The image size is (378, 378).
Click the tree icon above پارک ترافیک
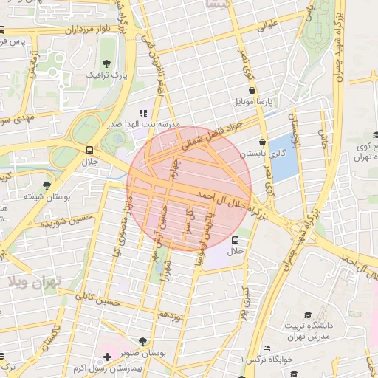pyautogui.click(x=108, y=63)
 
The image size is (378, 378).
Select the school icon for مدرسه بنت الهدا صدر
pyautogui.click(x=143, y=113)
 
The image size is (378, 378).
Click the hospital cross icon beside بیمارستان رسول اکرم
pyautogui.click(x=108, y=357)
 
